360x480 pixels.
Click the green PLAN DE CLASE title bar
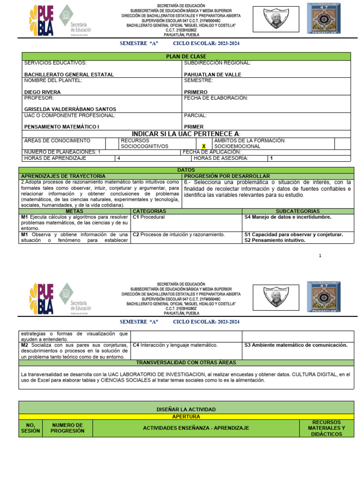(186, 56)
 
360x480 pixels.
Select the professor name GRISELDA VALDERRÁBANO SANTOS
(70, 109)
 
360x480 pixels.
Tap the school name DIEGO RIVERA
(44, 92)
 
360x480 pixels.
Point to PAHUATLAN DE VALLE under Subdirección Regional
(212, 75)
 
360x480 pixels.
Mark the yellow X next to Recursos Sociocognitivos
(204, 146)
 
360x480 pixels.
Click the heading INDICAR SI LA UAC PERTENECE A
(186, 134)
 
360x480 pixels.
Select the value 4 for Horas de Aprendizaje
(119, 158)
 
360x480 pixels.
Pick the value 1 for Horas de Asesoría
(271, 158)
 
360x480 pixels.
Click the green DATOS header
(186, 170)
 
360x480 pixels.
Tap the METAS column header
(75, 211)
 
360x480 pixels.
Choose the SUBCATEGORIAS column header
(298, 211)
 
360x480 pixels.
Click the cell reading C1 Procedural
(149, 217)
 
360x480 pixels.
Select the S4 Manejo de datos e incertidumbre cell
(288, 217)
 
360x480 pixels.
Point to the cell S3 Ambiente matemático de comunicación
(296, 345)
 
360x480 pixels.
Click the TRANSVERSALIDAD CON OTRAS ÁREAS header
(186, 363)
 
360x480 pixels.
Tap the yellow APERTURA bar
(186, 416)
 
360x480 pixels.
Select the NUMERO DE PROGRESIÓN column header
(68, 428)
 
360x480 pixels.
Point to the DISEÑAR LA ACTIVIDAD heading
(186, 409)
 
